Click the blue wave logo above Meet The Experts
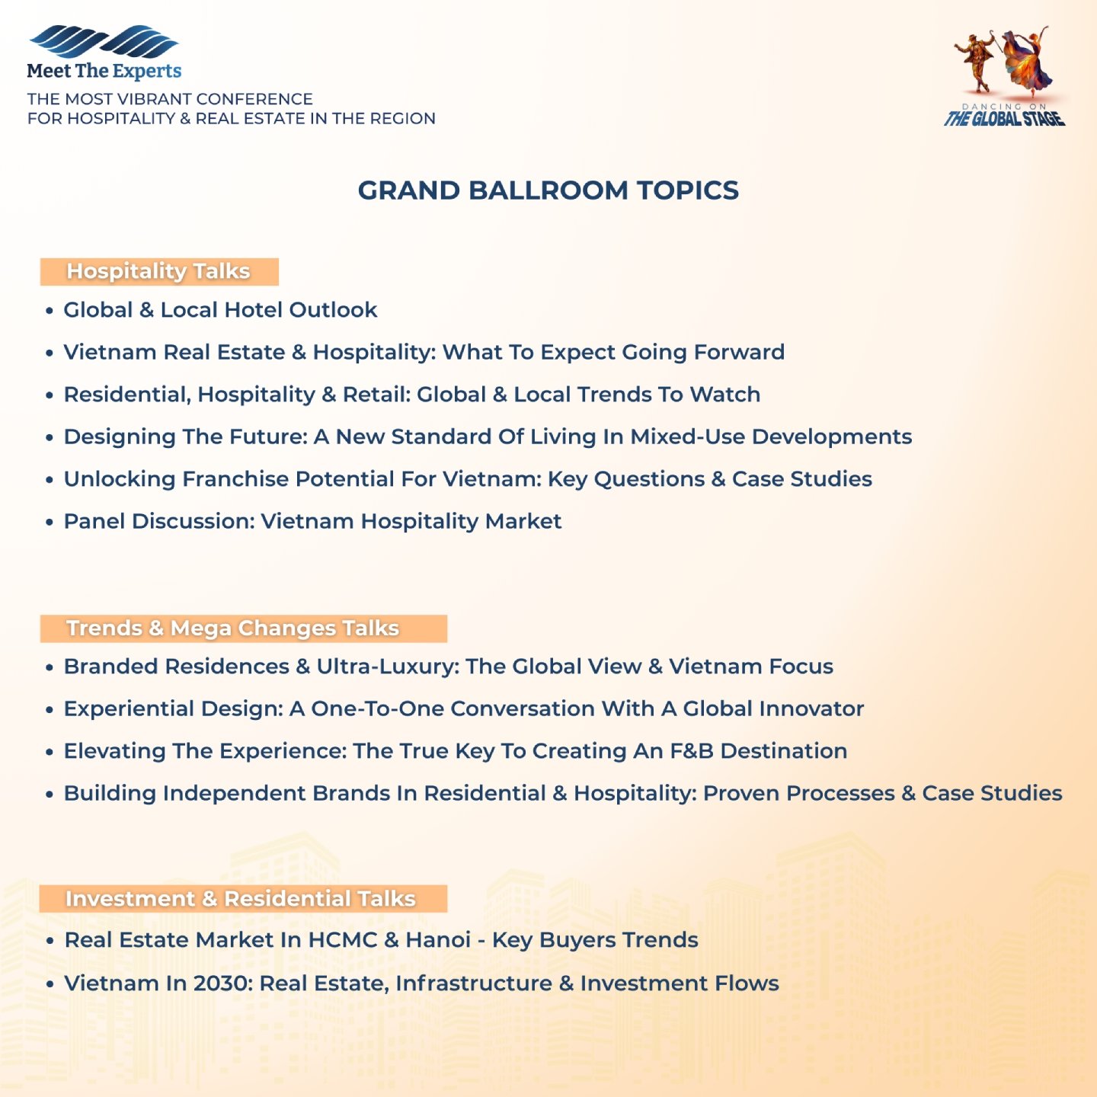(103, 42)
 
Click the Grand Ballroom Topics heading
(548, 190)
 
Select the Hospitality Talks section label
(158, 272)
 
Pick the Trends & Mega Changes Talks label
(232, 628)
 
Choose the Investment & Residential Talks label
(241, 899)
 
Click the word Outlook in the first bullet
(333, 310)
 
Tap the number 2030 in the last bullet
(222, 983)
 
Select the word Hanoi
(438, 940)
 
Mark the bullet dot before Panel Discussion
(50, 523)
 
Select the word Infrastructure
(473, 983)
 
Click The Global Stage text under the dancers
(1004, 119)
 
